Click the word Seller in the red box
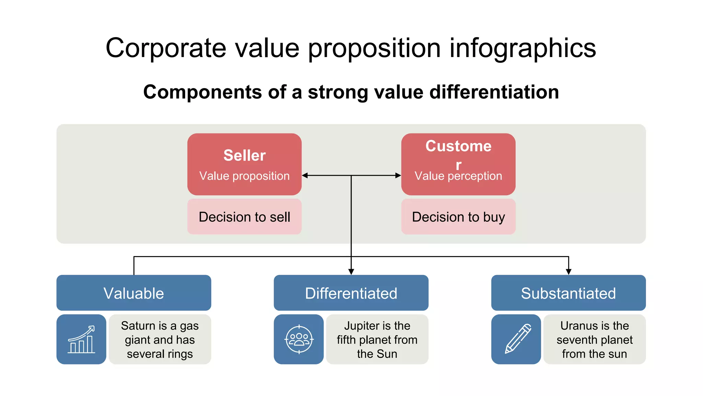(x=244, y=155)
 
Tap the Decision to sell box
(x=244, y=217)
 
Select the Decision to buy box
(x=458, y=217)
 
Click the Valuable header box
(x=134, y=293)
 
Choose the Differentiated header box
(x=351, y=293)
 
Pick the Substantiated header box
(x=568, y=293)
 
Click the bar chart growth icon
(x=81, y=340)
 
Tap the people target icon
(x=299, y=340)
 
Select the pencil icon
(x=516, y=340)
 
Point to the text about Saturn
(x=160, y=340)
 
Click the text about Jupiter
(x=377, y=340)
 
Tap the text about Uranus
(x=594, y=340)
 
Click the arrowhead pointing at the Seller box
(x=305, y=175)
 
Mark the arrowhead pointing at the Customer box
(x=398, y=175)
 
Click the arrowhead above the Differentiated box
(x=351, y=272)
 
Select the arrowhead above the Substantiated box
(x=568, y=272)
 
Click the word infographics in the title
(x=522, y=48)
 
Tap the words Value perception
(x=458, y=176)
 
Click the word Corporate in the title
(x=166, y=48)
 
